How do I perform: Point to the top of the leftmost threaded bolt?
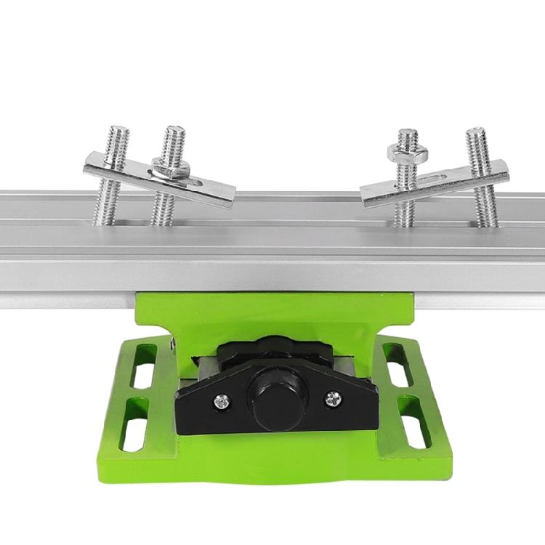[x=118, y=132]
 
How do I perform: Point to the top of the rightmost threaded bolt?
[x=476, y=133]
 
